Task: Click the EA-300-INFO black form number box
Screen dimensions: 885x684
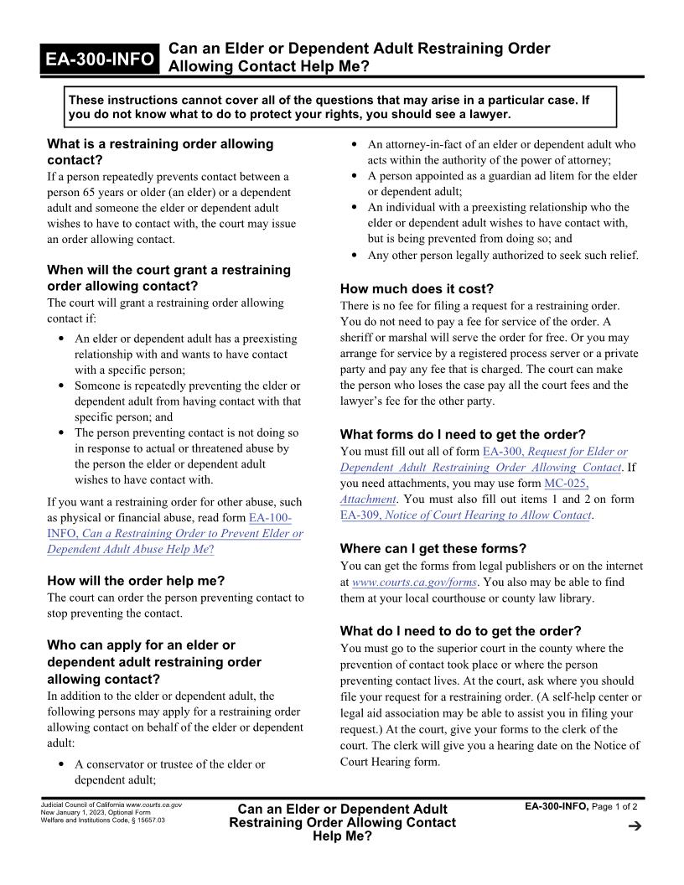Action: tap(101, 59)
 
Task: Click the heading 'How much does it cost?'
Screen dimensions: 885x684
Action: tap(417, 288)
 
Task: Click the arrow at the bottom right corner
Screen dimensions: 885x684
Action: tap(634, 826)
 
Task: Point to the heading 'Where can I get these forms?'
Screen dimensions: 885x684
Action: tap(433, 549)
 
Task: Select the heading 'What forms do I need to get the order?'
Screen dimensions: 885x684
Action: tap(463, 434)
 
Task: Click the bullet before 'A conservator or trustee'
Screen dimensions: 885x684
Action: tap(63, 764)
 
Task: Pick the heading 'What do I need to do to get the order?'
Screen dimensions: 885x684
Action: tap(460, 630)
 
